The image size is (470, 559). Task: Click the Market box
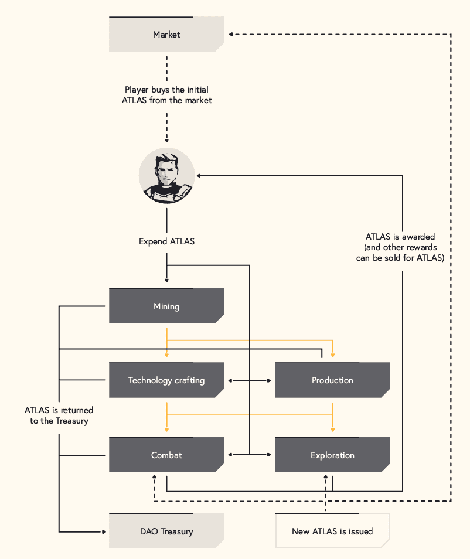(x=166, y=34)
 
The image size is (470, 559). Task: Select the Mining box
(x=166, y=306)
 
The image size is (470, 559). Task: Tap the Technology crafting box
(x=166, y=380)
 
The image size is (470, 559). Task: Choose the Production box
(x=333, y=380)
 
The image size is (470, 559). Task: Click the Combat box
(x=166, y=455)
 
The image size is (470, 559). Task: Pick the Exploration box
(x=333, y=455)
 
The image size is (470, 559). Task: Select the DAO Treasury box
(x=166, y=531)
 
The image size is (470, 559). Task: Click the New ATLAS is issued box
(x=333, y=531)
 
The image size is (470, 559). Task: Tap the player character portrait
(x=166, y=176)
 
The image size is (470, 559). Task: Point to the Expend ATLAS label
(x=166, y=241)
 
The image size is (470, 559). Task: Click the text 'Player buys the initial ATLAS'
(x=166, y=95)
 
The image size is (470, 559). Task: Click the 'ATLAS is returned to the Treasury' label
(x=59, y=415)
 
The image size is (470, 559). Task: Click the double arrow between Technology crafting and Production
(x=250, y=381)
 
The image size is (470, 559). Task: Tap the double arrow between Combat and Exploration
(x=250, y=455)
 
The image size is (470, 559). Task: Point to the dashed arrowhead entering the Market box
(x=231, y=34)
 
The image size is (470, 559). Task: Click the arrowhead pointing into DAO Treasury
(x=104, y=532)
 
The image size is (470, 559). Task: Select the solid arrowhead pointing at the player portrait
(x=199, y=176)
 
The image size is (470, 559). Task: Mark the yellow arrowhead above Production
(x=333, y=355)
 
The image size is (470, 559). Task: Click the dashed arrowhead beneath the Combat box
(x=154, y=476)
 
